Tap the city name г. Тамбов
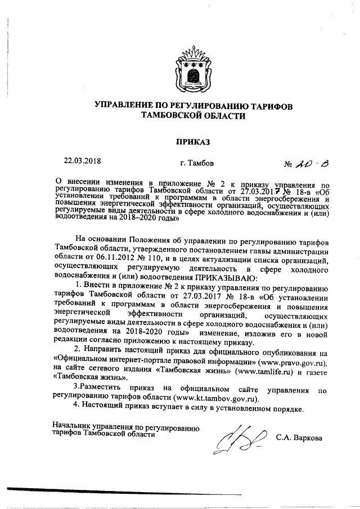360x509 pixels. pyautogui.click(x=193, y=164)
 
